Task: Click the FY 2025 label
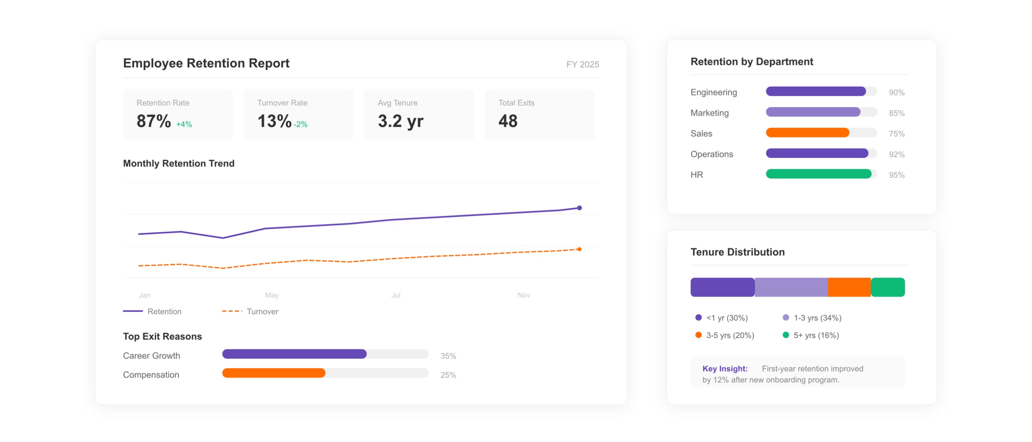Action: click(582, 64)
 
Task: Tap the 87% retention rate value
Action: click(153, 121)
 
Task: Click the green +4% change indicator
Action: click(184, 125)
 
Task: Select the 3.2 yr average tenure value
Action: click(400, 121)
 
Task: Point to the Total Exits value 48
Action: click(508, 121)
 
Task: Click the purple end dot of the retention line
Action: click(579, 208)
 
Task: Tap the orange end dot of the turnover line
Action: click(579, 249)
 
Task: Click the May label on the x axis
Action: click(272, 295)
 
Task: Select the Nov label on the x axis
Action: click(523, 295)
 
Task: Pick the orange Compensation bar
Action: click(273, 373)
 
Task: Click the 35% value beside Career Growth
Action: click(448, 356)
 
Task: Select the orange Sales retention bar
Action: click(807, 133)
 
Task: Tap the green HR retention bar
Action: click(818, 174)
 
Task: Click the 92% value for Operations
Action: click(896, 154)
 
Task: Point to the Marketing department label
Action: click(709, 113)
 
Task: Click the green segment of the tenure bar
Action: click(887, 287)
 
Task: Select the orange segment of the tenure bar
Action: click(849, 287)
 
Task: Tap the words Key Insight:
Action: click(724, 369)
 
